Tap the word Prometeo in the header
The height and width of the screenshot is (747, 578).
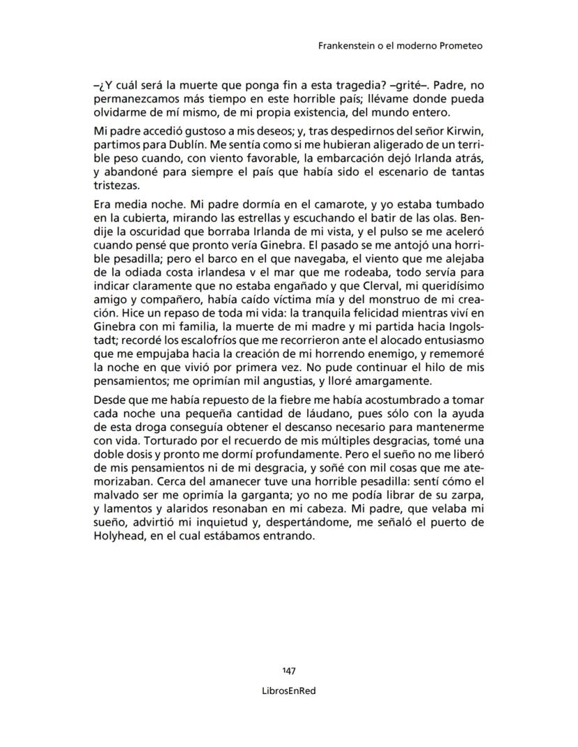[x=461, y=46]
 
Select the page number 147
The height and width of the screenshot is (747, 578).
[x=289, y=670]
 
